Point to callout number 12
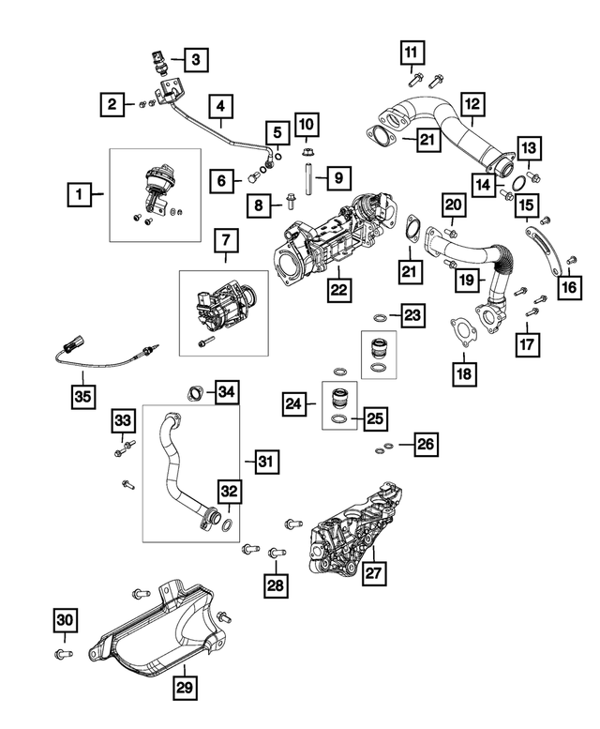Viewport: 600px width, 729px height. tap(472, 104)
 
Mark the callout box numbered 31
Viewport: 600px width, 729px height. tap(266, 461)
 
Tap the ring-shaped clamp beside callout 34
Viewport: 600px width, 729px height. tap(195, 391)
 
